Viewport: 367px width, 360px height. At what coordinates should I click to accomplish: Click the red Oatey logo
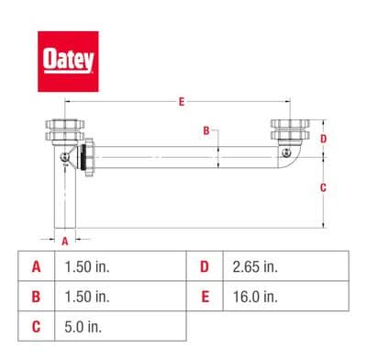point(68,62)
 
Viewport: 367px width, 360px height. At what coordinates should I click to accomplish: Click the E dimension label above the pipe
point(182,102)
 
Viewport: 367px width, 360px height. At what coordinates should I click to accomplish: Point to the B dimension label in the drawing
point(206,130)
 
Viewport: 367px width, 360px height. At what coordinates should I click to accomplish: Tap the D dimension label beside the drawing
point(323,139)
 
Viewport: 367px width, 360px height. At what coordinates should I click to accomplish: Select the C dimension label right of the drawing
point(323,187)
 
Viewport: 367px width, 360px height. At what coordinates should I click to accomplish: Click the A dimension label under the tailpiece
point(65,242)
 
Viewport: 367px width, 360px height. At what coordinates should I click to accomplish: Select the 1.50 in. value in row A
point(87,266)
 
